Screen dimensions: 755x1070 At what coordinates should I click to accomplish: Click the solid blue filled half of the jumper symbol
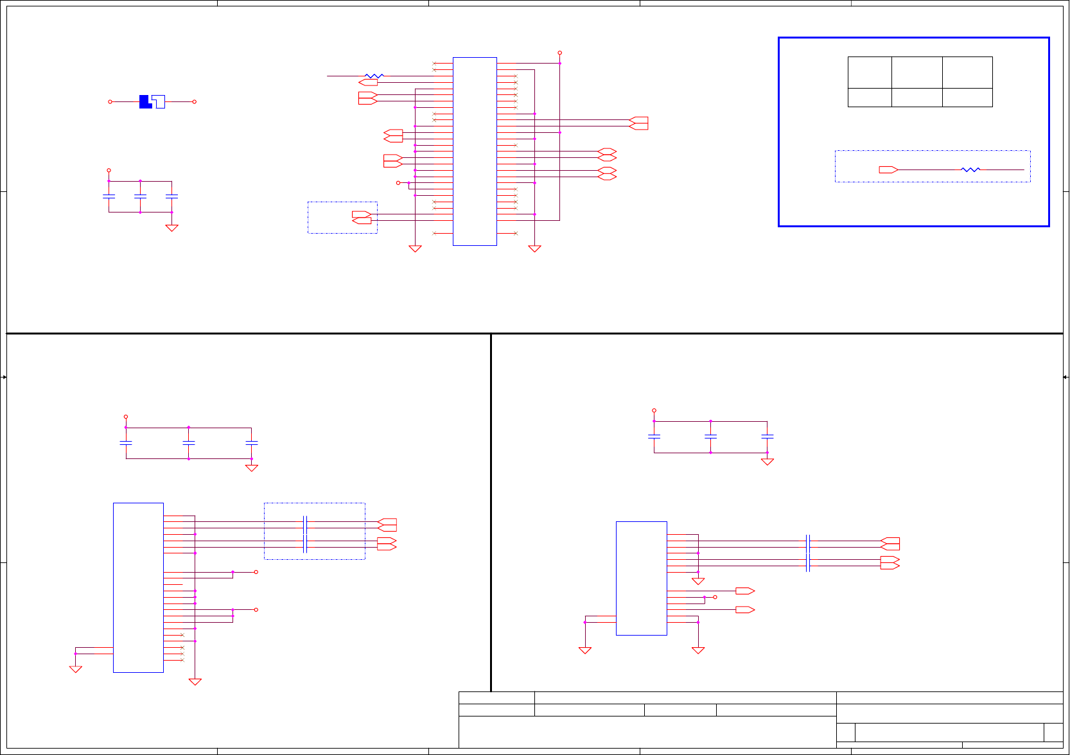point(145,101)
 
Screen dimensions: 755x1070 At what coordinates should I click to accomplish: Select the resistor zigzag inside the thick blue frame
point(970,169)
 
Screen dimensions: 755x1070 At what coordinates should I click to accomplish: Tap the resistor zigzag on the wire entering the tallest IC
point(374,76)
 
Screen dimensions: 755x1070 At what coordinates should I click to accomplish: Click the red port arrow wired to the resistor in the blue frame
point(888,169)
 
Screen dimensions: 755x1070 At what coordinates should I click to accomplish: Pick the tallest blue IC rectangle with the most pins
point(475,152)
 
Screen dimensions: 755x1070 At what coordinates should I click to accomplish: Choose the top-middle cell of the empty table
point(917,73)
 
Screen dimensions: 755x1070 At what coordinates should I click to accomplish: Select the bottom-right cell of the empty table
point(967,98)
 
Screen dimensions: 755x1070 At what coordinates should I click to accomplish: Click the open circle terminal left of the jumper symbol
point(110,101)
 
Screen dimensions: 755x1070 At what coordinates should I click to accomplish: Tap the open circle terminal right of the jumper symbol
point(195,101)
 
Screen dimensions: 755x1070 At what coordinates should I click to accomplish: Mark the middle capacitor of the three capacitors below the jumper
point(140,196)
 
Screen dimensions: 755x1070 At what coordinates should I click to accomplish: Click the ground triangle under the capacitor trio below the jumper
point(171,228)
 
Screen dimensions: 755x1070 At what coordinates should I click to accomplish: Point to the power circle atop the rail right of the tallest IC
point(559,53)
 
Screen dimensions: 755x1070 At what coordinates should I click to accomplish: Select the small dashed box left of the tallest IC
point(342,218)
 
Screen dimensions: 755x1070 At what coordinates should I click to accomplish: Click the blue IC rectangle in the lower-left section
point(138,587)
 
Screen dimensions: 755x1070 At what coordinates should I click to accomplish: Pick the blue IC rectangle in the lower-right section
point(641,578)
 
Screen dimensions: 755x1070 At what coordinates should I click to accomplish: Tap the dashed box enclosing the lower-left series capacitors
point(314,531)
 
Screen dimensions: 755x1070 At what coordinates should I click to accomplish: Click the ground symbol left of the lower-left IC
point(75,669)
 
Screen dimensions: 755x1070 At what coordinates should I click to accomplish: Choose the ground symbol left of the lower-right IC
point(584,650)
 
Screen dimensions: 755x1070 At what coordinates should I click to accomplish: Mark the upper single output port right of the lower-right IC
point(745,591)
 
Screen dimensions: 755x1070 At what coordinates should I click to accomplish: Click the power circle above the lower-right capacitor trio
point(654,410)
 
